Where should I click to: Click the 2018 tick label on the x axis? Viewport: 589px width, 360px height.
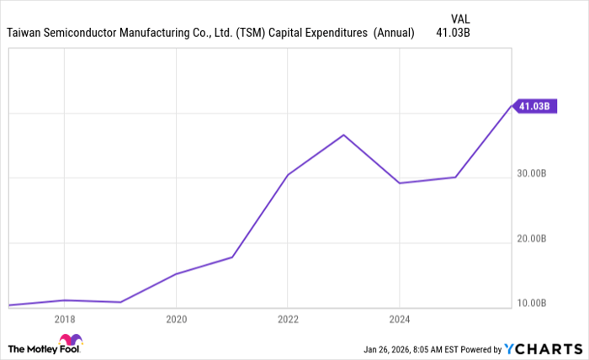[65, 320]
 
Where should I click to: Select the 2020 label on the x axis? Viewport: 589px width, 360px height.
[176, 320]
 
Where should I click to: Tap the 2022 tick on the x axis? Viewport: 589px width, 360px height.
[288, 320]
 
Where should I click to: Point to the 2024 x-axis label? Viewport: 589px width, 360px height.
[400, 320]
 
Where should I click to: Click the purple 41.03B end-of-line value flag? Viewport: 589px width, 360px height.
[534, 106]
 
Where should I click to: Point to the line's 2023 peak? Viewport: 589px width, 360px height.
[343, 135]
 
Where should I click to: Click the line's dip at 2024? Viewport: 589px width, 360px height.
[400, 183]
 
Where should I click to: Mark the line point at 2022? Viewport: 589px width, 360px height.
[288, 174]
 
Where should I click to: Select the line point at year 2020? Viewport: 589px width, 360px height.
[176, 273]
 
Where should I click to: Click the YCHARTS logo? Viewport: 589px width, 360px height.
[542, 348]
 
